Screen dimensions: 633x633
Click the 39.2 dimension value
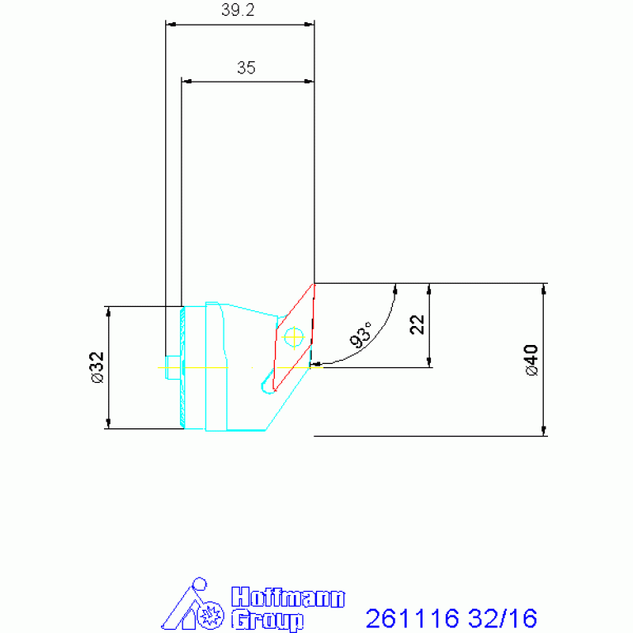[238, 10]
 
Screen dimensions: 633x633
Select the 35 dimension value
[246, 68]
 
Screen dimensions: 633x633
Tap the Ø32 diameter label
[97, 367]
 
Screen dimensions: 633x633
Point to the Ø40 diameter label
[531, 360]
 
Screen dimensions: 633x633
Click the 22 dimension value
[417, 324]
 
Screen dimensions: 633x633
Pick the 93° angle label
[361, 335]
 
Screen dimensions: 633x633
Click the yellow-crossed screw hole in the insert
[294, 337]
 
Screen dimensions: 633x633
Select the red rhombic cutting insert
[294, 338]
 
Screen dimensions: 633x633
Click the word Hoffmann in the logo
[288, 597]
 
